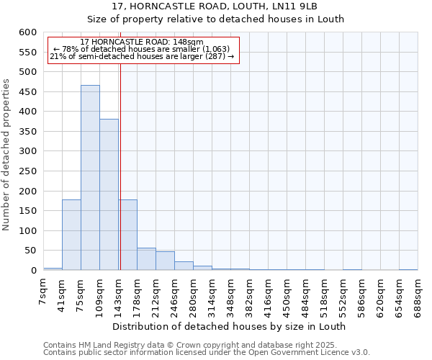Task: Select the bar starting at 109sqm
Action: [109, 194]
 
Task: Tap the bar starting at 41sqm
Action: [71, 235]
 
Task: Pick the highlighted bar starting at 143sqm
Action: [127, 235]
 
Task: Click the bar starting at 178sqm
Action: [146, 258]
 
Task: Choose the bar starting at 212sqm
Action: [165, 261]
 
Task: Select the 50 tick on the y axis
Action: [30, 251]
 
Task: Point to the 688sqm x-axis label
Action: [418, 294]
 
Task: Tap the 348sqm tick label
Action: [231, 294]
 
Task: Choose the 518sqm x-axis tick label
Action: [325, 294]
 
